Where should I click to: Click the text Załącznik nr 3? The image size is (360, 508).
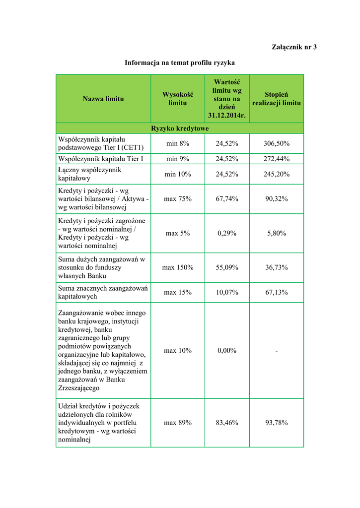point(294,47)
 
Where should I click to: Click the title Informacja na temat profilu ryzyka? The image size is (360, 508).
point(180,63)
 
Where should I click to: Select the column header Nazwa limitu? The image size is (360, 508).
point(103,99)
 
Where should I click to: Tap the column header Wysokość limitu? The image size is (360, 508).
point(177,99)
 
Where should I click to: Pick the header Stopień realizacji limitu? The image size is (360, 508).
point(276,99)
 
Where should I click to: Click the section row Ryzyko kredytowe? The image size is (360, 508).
point(180,128)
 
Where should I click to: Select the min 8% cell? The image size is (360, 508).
point(177,143)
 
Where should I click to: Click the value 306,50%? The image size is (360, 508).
point(277,143)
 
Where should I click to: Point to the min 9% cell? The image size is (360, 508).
point(177,159)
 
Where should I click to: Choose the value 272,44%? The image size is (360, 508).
point(277,159)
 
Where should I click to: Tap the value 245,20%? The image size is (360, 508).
point(277,174)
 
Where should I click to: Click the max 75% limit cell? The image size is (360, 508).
point(177,199)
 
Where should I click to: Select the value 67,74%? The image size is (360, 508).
point(227,199)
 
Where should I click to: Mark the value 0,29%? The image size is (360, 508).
point(227,233)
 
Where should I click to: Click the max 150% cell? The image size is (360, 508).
point(177,267)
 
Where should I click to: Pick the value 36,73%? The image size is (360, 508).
point(277,267)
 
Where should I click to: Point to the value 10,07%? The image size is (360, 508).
point(227,292)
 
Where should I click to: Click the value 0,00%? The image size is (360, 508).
point(227,351)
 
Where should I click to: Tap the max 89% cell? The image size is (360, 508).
point(177,423)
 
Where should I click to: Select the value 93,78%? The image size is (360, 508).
point(277,423)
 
